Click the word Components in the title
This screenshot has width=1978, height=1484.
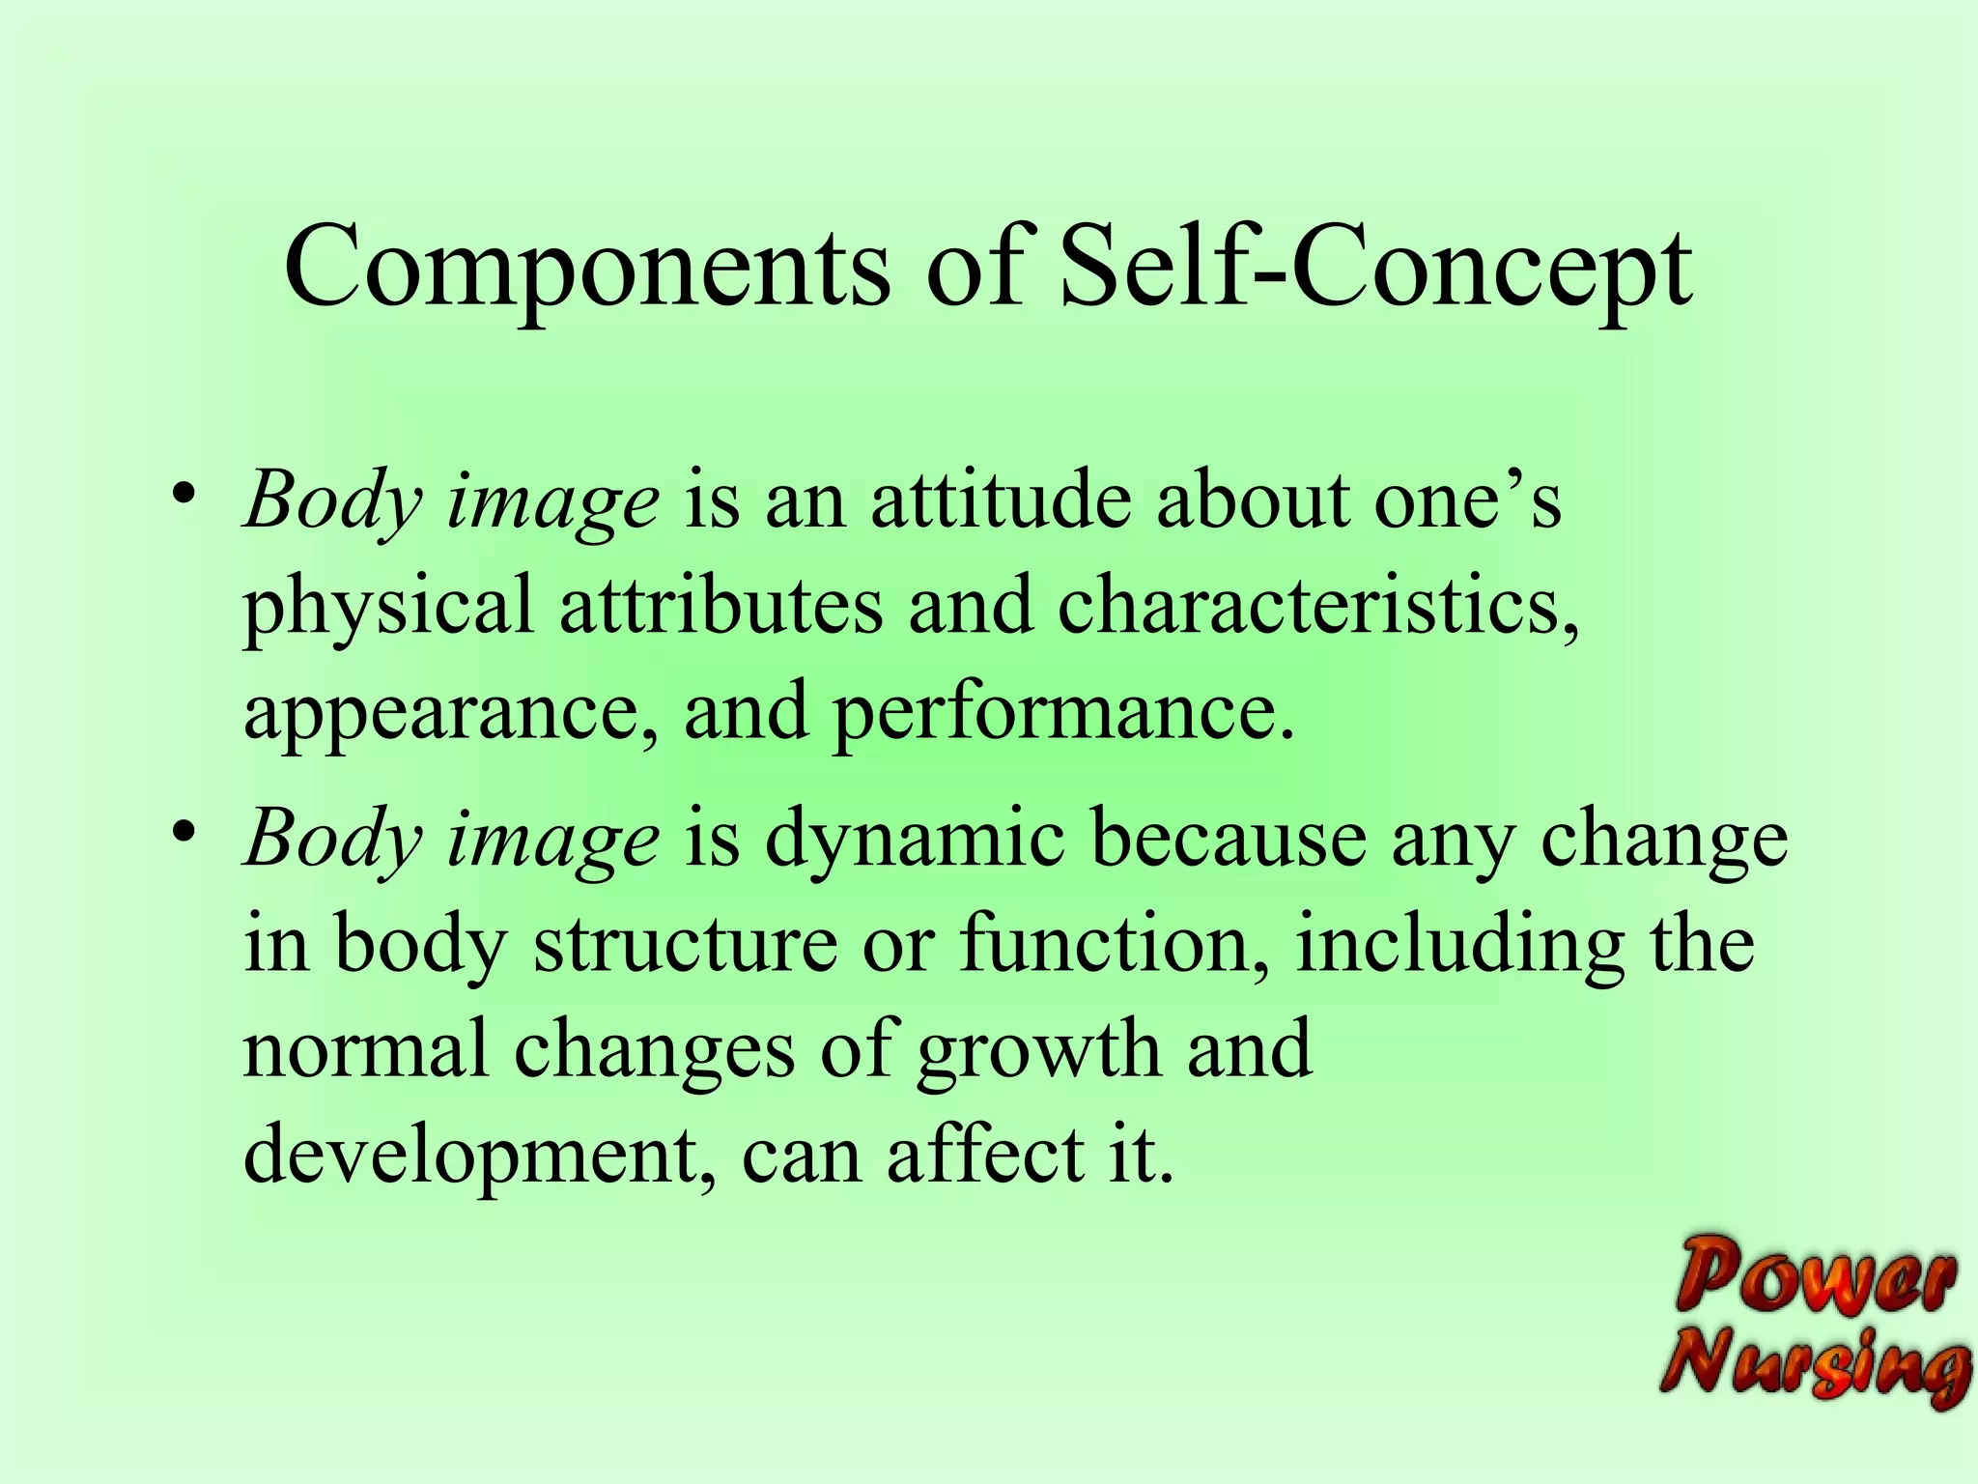[x=586, y=268]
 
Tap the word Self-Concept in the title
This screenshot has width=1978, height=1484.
[x=1375, y=268]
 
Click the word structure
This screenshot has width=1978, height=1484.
[x=685, y=943]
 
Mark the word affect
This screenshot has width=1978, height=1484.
[x=984, y=1156]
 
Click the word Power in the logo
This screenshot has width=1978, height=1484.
[x=1816, y=1277]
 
